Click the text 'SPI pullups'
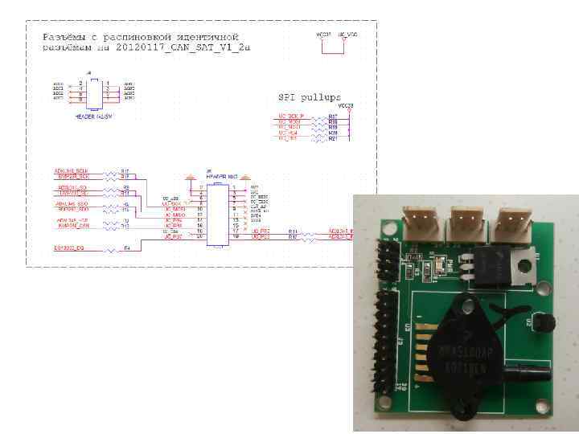pos(309,97)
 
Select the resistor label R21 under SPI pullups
pos(333,139)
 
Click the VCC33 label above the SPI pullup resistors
pos(346,106)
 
